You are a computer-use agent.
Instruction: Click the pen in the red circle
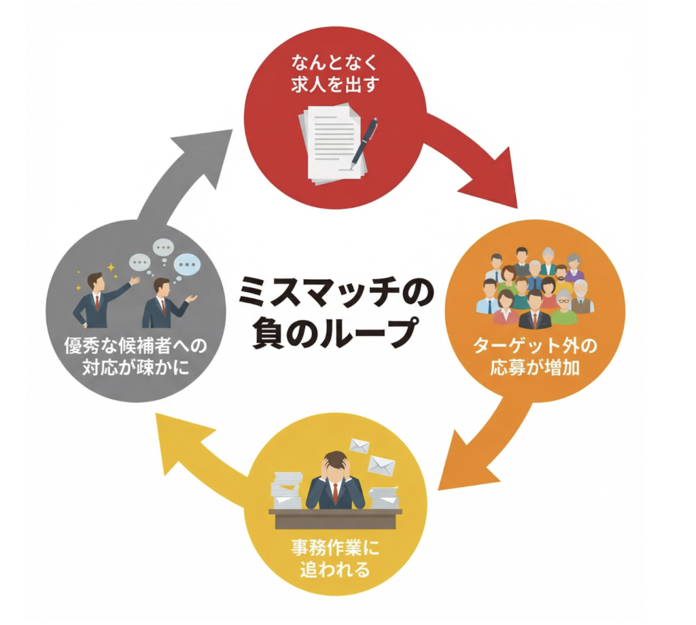click(364, 142)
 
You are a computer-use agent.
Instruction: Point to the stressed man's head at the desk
click(335, 465)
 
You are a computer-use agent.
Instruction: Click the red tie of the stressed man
click(335, 493)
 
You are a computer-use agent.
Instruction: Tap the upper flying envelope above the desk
click(359, 446)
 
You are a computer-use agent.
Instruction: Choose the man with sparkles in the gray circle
click(99, 299)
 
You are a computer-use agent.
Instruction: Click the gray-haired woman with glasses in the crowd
click(563, 307)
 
